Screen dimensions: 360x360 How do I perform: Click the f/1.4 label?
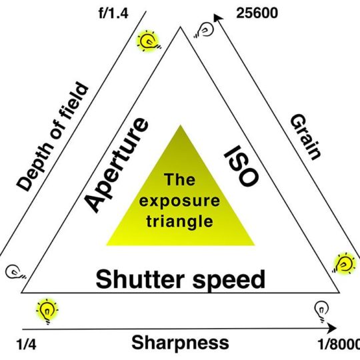pos(113,13)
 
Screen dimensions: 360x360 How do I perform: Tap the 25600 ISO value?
pos(257,13)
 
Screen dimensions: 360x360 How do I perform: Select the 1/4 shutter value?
pos(26,345)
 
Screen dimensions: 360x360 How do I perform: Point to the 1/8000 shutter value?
pos(339,344)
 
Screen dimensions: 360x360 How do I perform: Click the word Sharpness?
pos(180,343)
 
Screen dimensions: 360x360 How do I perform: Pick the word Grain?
pos(305,137)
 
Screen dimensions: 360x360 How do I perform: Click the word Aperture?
pos(117,165)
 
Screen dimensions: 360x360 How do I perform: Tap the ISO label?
pos(241,166)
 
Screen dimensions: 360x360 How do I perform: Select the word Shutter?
pos(140,279)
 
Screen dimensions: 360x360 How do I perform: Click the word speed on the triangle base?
pos(229,281)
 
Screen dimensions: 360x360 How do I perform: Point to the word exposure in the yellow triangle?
pos(179,201)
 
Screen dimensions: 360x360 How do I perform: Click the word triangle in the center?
pos(180,221)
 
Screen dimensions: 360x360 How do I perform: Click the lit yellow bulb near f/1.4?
pos(148,41)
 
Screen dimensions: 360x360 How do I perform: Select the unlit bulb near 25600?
pos(205,30)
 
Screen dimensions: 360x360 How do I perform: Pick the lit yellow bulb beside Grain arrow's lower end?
pos(344,263)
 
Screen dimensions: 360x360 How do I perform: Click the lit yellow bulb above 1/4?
pos(47,311)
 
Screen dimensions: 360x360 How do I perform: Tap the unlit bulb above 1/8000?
pos(321,312)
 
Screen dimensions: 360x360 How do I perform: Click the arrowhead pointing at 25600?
pos(218,18)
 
